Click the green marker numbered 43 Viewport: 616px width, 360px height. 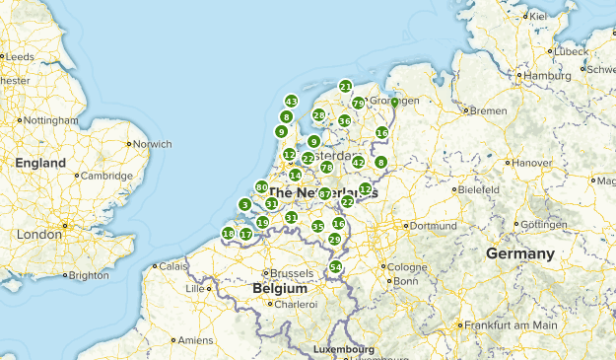pos(291,101)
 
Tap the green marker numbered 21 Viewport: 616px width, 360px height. pos(345,86)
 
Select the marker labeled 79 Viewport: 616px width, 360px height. pos(358,103)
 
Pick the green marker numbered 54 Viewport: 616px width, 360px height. pos(336,267)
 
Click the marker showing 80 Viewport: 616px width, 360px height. pos(261,186)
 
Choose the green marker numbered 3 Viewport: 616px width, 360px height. pos(244,205)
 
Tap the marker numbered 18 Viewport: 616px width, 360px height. pos(228,234)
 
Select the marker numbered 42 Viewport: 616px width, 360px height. pos(358,162)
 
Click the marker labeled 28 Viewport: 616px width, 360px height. pos(318,114)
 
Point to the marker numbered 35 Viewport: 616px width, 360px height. pos(317,227)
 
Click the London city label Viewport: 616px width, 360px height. pos(39,235)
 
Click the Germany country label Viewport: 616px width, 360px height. pos(519,253)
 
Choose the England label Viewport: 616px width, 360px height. pos(40,163)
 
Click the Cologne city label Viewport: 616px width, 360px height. pos(408,266)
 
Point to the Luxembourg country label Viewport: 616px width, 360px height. pos(343,349)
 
